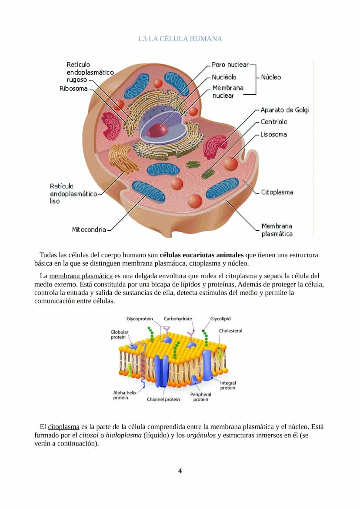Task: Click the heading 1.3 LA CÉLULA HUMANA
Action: click(x=180, y=39)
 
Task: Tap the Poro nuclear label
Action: click(x=230, y=65)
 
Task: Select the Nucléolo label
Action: click(x=224, y=77)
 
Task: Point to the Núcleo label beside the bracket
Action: click(x=271, y=77)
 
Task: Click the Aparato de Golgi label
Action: click(x=284, y=110)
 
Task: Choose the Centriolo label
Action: click(x=274, y=122)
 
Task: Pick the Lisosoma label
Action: click(x=273, y=134)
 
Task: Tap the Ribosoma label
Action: click(x=73, y=89)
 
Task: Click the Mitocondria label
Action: click(x=89, y=230)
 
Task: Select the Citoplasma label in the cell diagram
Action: click(x=277, y=192)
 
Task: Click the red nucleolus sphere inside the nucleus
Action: click(x=157, y=130)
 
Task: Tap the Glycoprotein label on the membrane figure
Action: click(x=140, y=319)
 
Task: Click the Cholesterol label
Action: click(x=230, y=331)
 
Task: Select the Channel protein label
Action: click(x=163, y=399)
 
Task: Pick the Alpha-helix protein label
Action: click(x=125, y=395)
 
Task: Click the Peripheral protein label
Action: click(x=200, y=397)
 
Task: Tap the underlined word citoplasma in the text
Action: click(x=63, y=427)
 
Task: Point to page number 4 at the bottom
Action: click(x=180, y=471)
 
